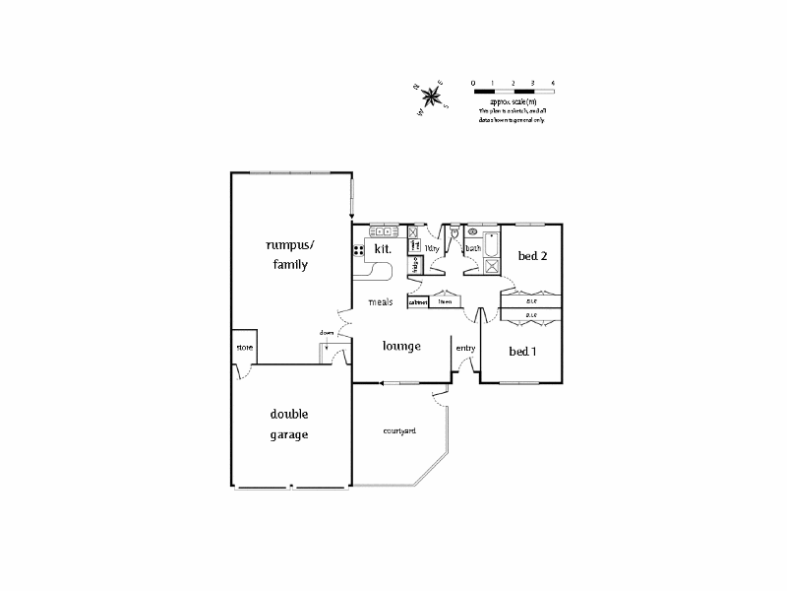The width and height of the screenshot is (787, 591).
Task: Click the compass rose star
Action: [430, 97]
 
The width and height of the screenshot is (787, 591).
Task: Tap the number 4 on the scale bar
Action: [553, 82]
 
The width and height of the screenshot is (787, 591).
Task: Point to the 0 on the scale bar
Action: [473, 82]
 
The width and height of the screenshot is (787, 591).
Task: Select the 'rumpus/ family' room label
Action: [286, 254]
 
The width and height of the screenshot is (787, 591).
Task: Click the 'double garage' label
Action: [289, 424]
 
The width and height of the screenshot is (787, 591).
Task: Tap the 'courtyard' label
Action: [399, 430]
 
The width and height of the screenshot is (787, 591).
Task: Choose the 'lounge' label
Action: [401, 346]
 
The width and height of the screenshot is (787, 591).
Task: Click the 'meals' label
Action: [381, 301]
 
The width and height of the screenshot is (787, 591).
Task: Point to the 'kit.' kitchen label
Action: [383, 250]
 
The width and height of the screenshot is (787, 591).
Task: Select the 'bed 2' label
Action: [532, 256]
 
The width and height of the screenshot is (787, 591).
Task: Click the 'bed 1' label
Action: [522, 351]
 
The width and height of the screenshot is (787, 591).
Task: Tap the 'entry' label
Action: [465, 348]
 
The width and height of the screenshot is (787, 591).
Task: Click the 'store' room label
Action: [244, 348]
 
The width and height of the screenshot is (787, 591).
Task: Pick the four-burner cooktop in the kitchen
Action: [359, 250]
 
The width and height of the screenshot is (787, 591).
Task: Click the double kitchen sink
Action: [382, 231]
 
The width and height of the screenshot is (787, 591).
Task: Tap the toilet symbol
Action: [454, 233]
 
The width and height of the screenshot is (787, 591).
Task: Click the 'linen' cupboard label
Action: [445, 302]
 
